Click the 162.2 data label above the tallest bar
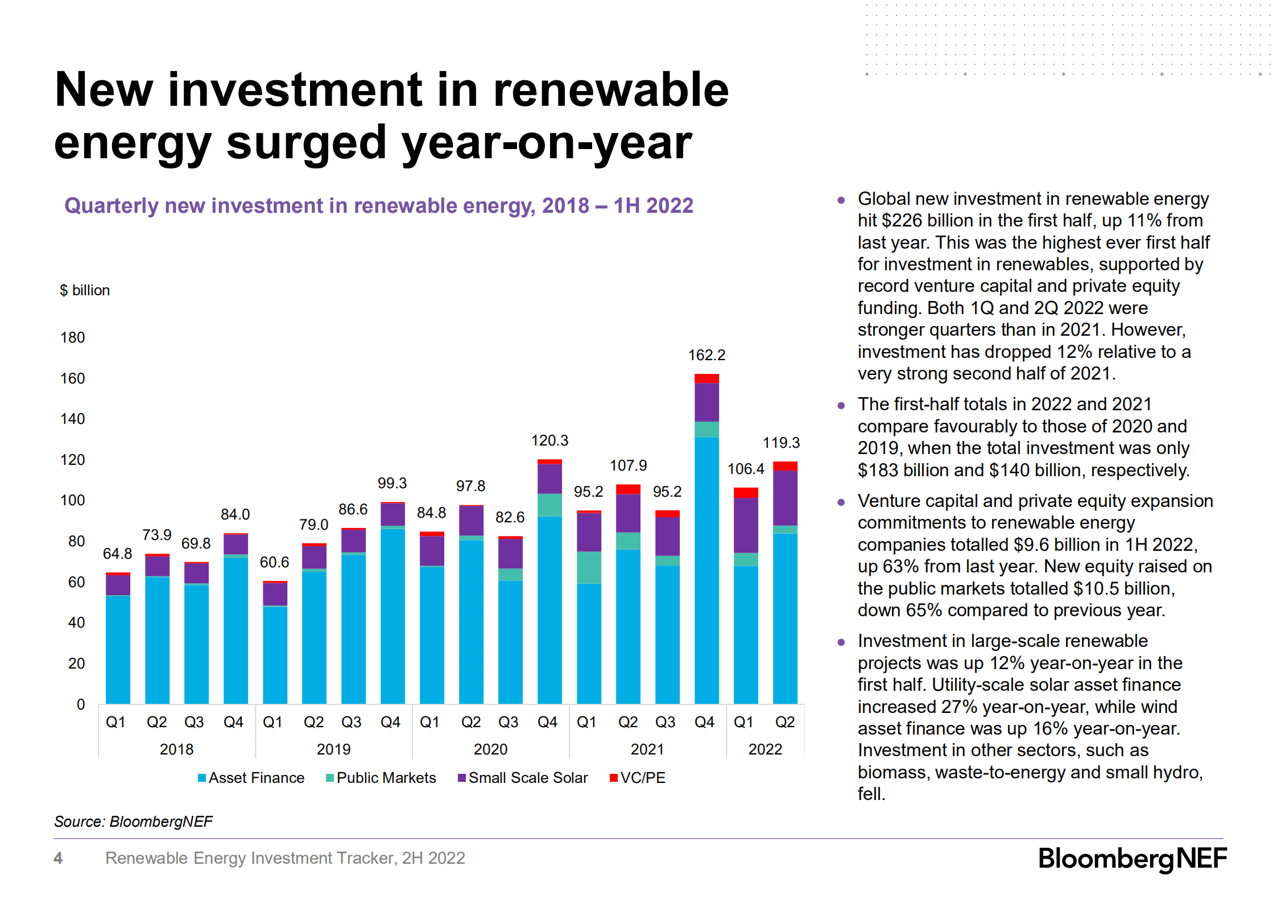pos(706,355)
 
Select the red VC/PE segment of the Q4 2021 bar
pos(706,378)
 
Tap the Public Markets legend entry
pos(381,778)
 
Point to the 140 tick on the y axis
pos(73,419)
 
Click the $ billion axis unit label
pos(85,290)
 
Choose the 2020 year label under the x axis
pos(490,749)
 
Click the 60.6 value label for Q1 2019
pos(274,562)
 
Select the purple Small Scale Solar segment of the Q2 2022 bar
pos(785,498)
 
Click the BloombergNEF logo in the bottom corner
pos(1132,859)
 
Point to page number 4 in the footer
pos(58,858)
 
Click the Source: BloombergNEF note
pos(133,822)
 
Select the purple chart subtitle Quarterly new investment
pos(378,205)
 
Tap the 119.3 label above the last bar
pos(781,443)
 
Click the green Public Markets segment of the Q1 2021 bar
pos(589,567)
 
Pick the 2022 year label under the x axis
pos(765,749)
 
